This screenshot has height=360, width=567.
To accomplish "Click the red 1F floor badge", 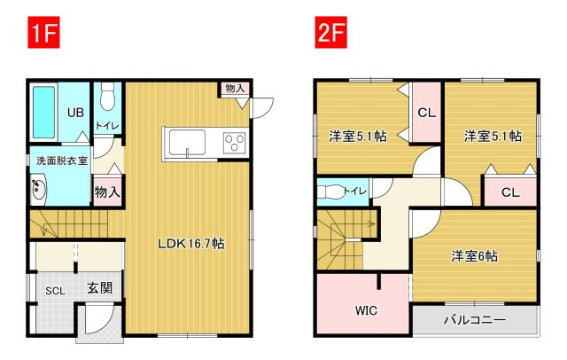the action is (x=43, y=32).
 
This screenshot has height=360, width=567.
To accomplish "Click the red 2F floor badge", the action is (x=330, y=32).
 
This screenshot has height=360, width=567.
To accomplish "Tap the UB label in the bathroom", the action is (x=75, y=113).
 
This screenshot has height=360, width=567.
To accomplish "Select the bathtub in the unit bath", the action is (x=43, y=112).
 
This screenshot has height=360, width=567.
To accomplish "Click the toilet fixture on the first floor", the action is (x=106, y=97).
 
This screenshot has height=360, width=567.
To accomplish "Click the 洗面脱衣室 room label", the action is (x=62, y=160).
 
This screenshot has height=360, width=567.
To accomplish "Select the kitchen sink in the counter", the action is (x=187, y=143).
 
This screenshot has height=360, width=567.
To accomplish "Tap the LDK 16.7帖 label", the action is (x=191, y=244).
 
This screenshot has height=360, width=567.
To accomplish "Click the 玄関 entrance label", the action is (x=100, y=288).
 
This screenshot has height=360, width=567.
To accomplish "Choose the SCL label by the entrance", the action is (x=55, y=291).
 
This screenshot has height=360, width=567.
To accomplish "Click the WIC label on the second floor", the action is (x=366, y=310).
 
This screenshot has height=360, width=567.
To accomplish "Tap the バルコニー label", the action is (x=475, y=320).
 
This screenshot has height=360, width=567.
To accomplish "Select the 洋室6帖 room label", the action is (x=475, y=256).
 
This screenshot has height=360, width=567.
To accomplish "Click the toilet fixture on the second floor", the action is (x=330, y=192).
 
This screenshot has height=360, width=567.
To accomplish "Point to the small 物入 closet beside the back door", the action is (x=235, y=89).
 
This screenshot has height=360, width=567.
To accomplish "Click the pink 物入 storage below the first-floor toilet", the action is (x=107, y=192).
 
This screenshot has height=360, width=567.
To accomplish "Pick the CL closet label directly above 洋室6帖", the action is (x=510, y=192).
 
